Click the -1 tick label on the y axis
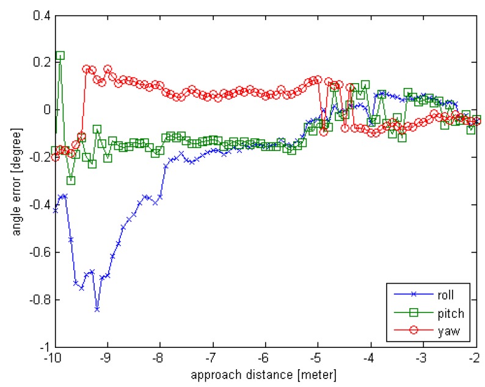tap(43, 347)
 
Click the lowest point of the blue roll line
tap(97, 309)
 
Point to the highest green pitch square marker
tap(60, 56)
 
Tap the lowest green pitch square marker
tap(71, 180)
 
